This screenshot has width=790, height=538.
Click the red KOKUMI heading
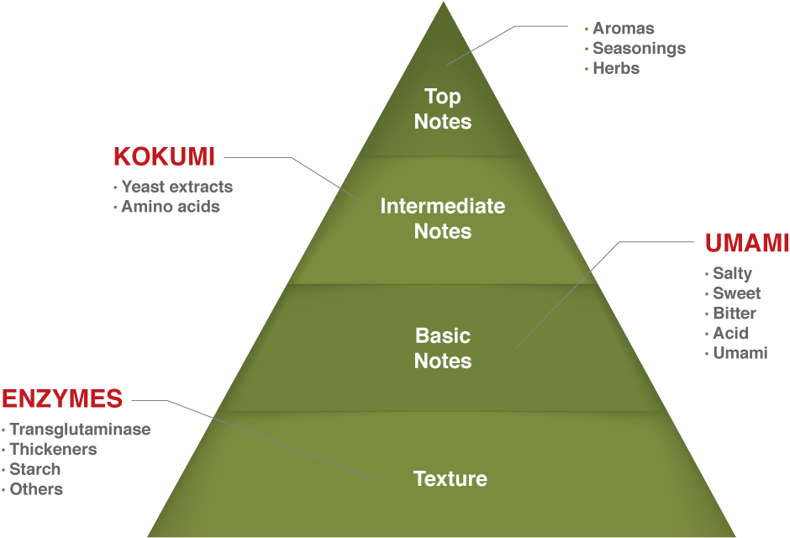[x=164, y=157]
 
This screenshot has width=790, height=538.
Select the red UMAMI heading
[x=746, y=244]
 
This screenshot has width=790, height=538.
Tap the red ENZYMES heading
[x=62, y=398]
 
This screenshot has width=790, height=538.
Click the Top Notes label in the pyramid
[x=443, y=109]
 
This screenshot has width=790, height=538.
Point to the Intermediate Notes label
[x=443, y=219]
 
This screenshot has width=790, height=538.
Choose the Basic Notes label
[x=443, y=348]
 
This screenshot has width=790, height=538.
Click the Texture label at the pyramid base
[x=450, y=479]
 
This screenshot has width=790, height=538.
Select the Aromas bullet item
[x=623, y=29]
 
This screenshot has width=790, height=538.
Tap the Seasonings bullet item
[x=639, y=49]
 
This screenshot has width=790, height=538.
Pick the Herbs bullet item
[x=616, y=69]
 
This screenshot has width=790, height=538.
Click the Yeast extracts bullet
[x=176, y=187]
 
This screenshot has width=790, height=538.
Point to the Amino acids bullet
[x=170, y=207]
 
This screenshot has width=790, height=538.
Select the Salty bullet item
[x=732, y=273]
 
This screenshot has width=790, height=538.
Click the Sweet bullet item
[x=736, y=293]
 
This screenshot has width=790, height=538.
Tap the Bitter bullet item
[x=735, y=314]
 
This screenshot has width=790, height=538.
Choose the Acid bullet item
[x=730, y=333]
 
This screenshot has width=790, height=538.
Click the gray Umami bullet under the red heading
[x=740, y=353]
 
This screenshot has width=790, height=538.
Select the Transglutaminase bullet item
[x=80, y=430]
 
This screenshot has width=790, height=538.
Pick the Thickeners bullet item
[x=53, y=450]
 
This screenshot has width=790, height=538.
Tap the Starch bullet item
[x=35, y=469]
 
